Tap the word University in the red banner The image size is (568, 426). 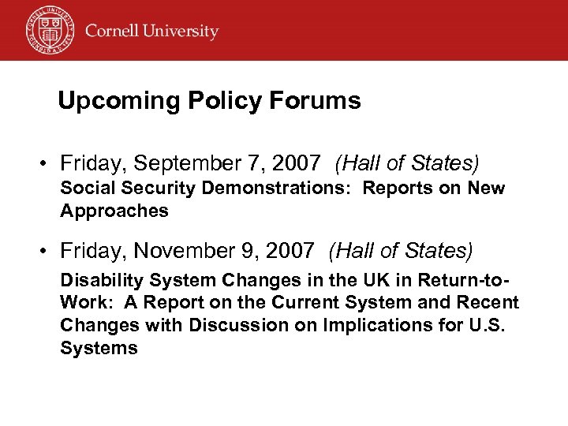point(181,32)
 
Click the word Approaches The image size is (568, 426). point(114,211)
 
